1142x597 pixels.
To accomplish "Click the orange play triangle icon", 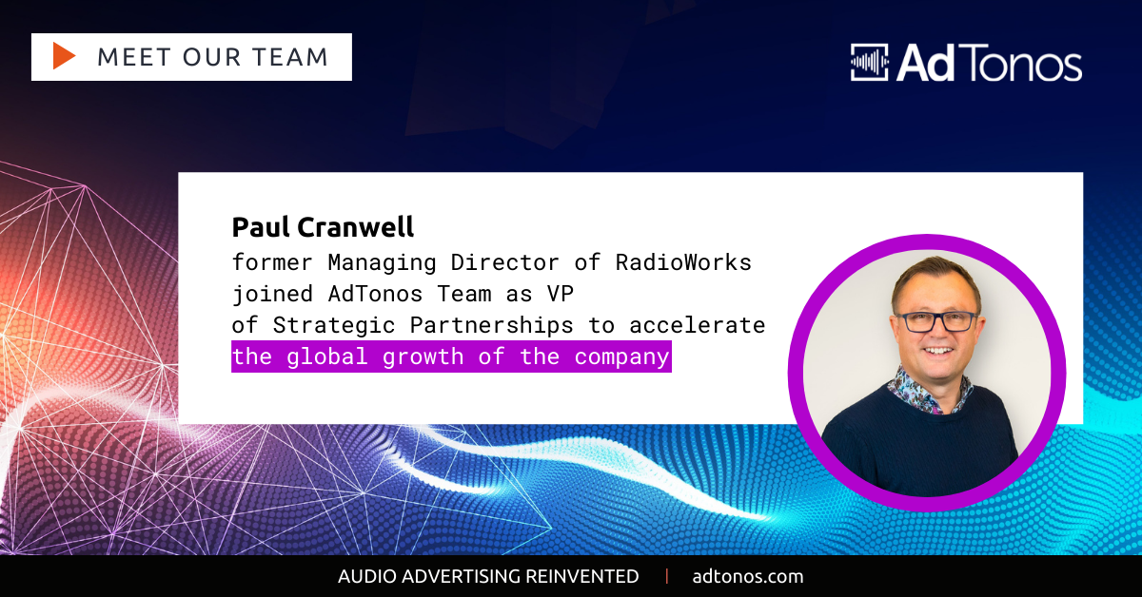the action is pos(64,56).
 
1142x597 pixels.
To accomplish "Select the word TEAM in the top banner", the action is pos(291,57).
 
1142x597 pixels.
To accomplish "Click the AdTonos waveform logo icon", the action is pos(869,62).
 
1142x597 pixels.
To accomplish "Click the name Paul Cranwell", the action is pos(323,227).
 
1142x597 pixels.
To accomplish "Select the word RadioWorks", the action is pos(683,262).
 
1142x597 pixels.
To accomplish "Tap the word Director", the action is pos(504,262).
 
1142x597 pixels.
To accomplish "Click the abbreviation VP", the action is pos(561,294).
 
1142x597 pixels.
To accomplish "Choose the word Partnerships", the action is pos(491,326).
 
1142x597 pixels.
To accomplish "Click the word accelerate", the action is pos(698,325).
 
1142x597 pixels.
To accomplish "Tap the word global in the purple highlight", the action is pos(326,357).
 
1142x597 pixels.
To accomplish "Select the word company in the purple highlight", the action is pos(621,357).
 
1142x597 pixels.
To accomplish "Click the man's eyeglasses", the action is pos(937,322).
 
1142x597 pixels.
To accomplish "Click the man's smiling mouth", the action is pos(937,351).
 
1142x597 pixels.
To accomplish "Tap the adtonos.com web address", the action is pos(748,577).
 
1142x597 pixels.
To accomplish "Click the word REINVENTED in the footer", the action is pos(581,577).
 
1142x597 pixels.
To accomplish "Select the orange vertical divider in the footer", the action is pos(667,576).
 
